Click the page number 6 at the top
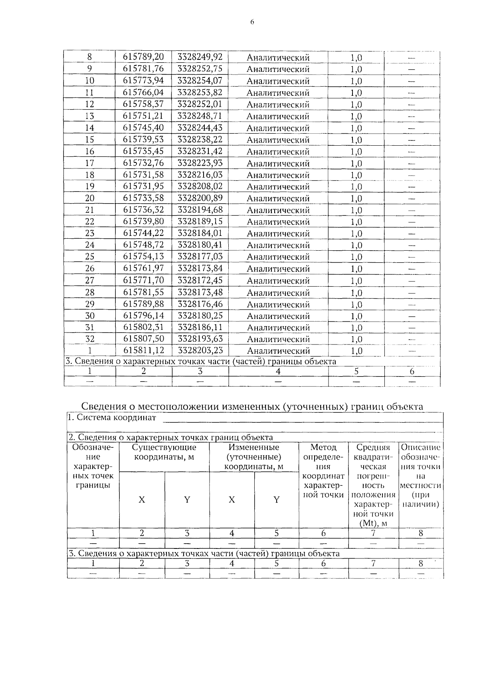coord(252,22)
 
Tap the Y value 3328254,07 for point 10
coord(200,81)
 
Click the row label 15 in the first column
coord(90,140)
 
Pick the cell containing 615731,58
coord(143,175)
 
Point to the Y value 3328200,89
coord(200,198)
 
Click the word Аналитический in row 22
coord(278,222)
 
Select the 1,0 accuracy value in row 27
coord(356,281)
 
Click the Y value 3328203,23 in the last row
coord(200,350)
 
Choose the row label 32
coord(90,339)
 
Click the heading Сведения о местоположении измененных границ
coord(252,406)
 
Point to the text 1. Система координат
coord(112,418)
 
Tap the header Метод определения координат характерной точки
coord(323,471)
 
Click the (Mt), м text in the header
coord(373,523)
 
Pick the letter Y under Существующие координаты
coord(187,500)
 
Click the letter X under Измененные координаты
coord(232,500)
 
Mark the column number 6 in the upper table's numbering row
coord(412,371)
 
